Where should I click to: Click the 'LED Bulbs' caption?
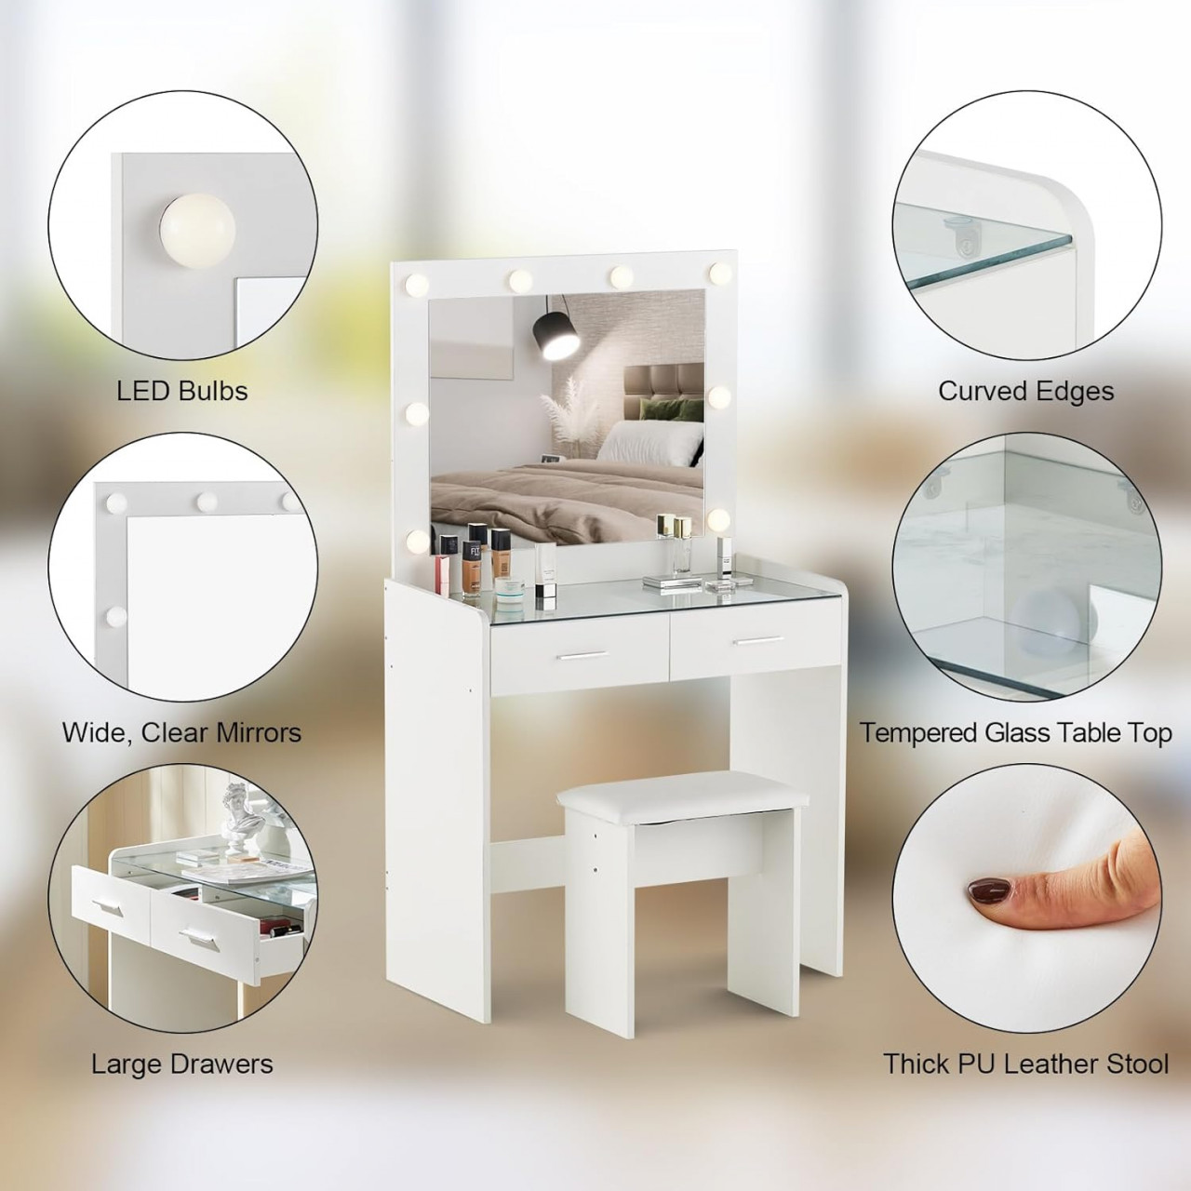(x=182, y=391)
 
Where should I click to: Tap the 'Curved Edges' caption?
(x=1026, y=391)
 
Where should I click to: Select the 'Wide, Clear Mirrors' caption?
(x=181, y=733)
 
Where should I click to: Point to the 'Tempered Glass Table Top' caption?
(x=1015, y=733)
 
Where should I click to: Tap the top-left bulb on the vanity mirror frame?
(x=417, y=285)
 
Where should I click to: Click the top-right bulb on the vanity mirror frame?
(x=720, y=272)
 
